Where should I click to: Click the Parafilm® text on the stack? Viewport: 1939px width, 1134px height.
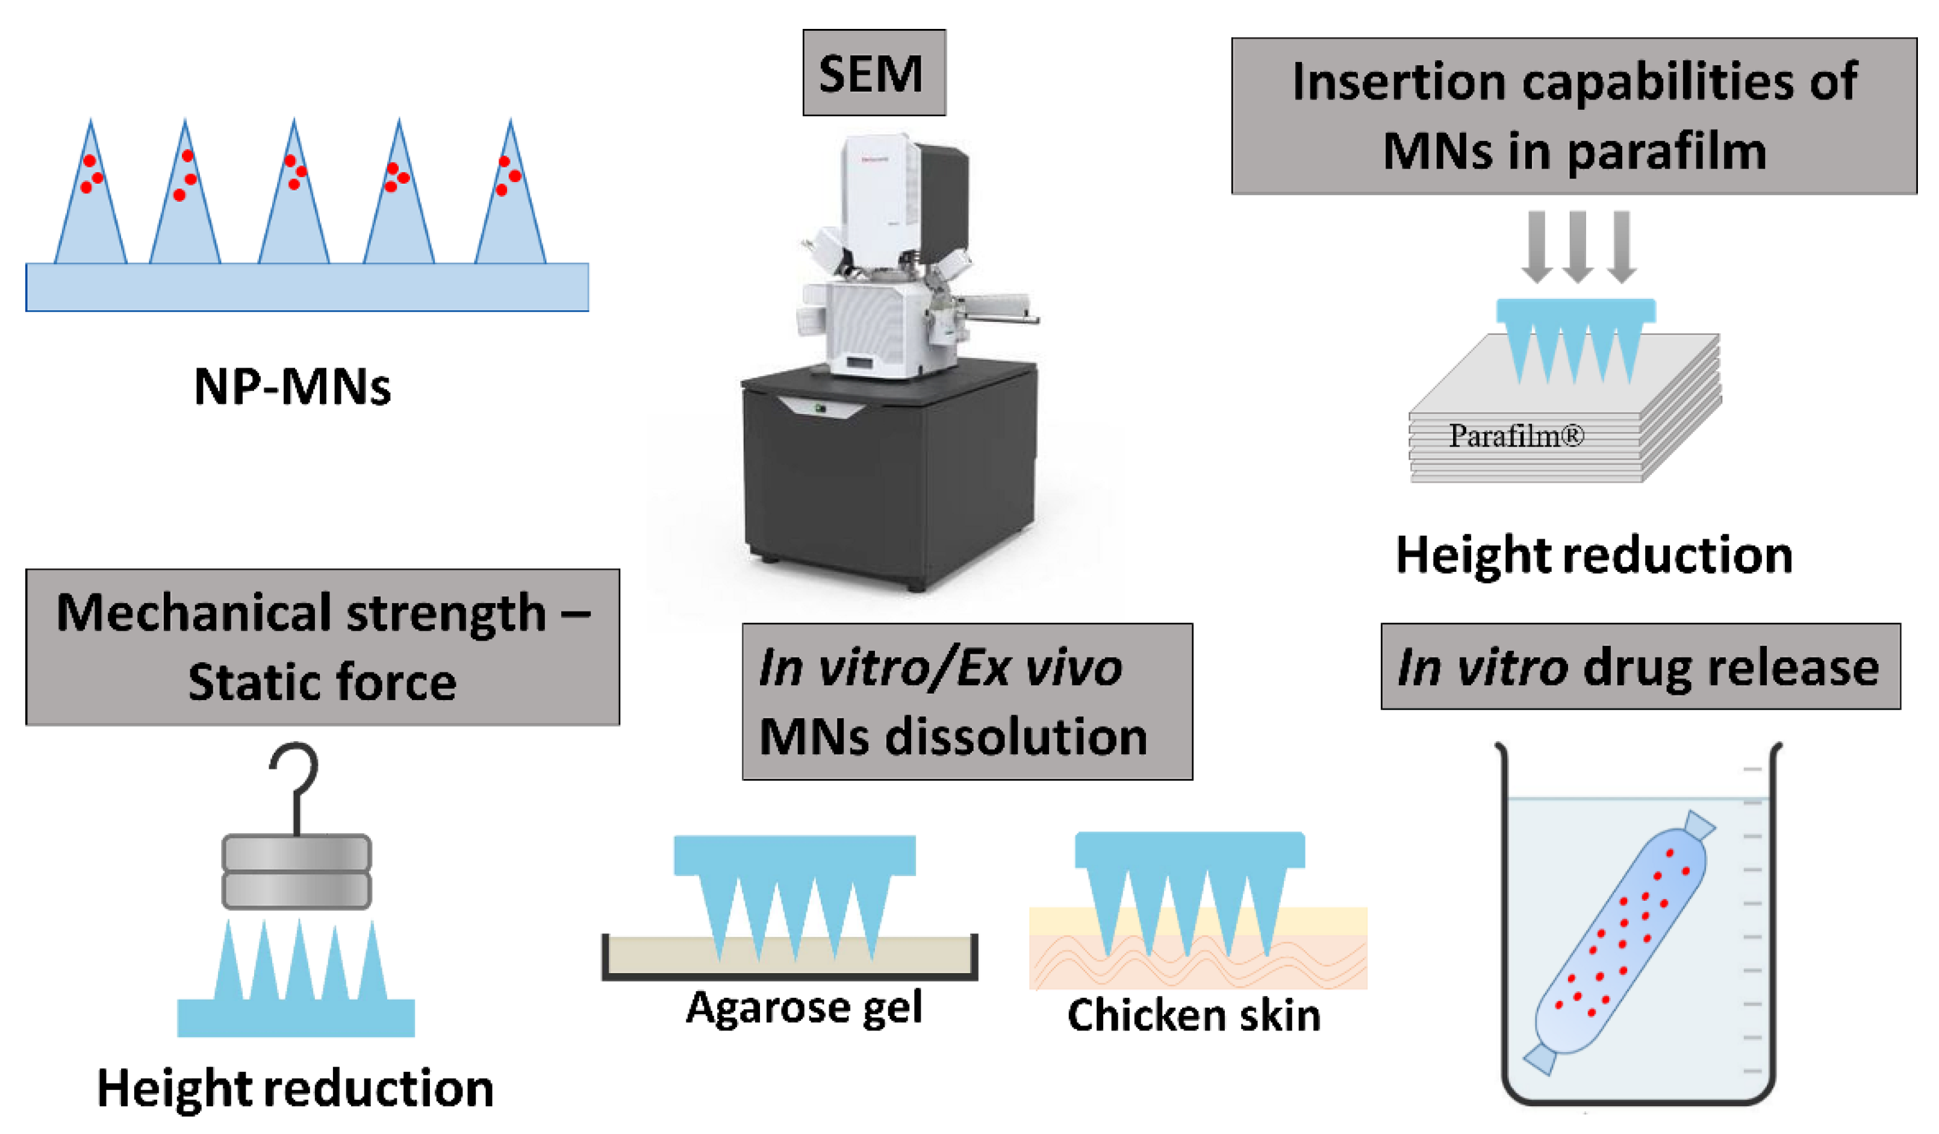point(1516,436)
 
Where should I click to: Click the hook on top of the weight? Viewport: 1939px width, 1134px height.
point(294,782)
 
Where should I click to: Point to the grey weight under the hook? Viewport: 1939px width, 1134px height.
point(297,871)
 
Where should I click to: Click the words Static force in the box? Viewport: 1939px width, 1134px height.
point(322,683)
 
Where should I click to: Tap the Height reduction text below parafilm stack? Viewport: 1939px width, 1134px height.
point(1595,555)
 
